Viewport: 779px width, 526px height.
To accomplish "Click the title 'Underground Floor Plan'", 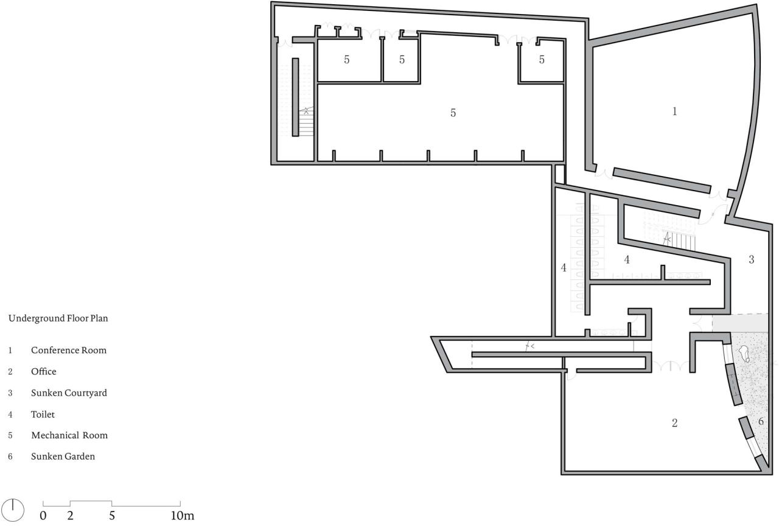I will coord(58,318).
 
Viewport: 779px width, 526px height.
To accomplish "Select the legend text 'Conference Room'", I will coord(69,351).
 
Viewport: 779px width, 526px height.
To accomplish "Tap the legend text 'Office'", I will coord(44,371).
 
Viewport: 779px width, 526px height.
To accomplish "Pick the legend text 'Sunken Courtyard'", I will coord(69,393).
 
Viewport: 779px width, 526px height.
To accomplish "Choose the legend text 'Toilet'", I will coord(43,415).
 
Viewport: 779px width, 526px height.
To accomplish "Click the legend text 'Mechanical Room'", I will coord(69,435).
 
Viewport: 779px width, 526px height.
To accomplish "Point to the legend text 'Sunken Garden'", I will coord(63,456).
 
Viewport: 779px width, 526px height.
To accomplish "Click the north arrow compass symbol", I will coord(13,509).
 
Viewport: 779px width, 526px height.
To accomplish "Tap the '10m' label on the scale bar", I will coord(182,516).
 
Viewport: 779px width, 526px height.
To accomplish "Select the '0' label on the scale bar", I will coord(43,516).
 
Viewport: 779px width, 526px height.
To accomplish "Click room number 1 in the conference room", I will coord(674,111).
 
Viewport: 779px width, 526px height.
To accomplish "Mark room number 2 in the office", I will coord(674,423).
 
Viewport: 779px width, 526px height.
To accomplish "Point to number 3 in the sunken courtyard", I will coord(752,260).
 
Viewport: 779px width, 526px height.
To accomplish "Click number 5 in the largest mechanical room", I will coord(453,113).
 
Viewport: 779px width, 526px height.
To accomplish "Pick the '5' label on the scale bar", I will coord(112,516).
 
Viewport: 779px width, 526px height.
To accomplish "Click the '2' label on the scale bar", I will coord(71,516).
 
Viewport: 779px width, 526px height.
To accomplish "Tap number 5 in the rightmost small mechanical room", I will coord(542,60).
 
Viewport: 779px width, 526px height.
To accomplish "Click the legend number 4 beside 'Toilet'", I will coord(10,415).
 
